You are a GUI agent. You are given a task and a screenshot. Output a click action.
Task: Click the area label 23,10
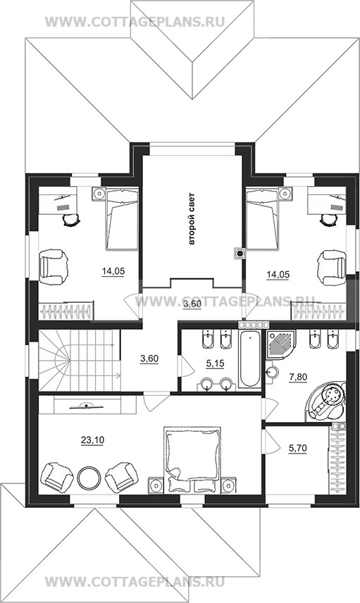tap(92, 440)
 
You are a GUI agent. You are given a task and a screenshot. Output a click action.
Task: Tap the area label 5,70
tap(298, 448)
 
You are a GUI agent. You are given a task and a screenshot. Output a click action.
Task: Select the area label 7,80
tap(298, 377)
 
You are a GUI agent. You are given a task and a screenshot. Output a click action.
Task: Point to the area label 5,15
tap(215, 363)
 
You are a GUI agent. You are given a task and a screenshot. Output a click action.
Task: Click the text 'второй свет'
tap(192, 219)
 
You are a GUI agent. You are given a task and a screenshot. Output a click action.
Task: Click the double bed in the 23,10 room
tap(192, 459)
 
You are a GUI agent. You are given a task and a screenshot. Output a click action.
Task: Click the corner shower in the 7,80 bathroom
tap(279, 344)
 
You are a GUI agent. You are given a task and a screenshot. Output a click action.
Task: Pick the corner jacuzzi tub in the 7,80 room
tap(326, 400)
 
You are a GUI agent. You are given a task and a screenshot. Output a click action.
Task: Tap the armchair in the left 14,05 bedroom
tap(53, 267)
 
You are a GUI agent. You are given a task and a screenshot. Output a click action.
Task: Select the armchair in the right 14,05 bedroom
tap(332, 267)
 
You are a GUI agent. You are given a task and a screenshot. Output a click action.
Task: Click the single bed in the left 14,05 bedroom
tap(122, 219)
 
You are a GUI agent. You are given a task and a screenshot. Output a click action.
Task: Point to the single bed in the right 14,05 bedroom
tap(262, 219)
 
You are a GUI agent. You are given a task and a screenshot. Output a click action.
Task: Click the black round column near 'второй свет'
tap(240, 253)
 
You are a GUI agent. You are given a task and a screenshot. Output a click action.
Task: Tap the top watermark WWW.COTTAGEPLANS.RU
tap(135, 22)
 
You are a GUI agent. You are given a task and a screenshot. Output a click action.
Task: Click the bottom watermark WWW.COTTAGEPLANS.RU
tap(135, 583)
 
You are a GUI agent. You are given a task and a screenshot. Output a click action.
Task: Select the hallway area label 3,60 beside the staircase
tap(149, 359)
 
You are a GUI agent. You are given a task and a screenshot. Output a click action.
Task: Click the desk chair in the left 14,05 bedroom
tap(71, 220)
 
